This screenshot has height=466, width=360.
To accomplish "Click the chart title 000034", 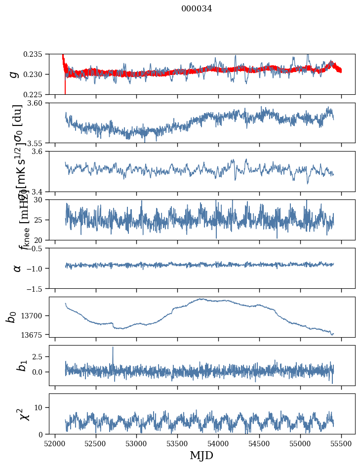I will pos(197,8).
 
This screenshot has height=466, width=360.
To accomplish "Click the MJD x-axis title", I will pos(201,456).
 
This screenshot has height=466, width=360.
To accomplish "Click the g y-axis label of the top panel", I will pos(14,74).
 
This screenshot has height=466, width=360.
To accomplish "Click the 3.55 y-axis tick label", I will pos(38,143).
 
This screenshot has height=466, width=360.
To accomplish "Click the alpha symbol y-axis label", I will pos(17,268).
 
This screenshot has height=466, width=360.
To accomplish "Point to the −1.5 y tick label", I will pos(38,288).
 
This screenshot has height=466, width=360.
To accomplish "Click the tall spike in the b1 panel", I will pos(113,348).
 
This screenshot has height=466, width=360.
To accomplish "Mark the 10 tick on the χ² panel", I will pos(42,407).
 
